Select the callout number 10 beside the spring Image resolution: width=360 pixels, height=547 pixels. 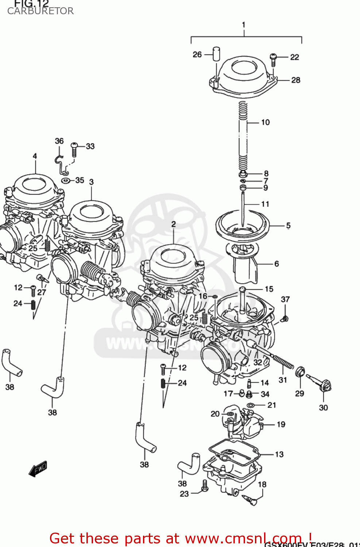265,123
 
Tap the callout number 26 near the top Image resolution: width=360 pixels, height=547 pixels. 197,55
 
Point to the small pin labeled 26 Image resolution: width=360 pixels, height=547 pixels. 216,54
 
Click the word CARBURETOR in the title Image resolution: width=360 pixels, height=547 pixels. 40,11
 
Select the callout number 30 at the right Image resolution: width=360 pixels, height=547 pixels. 323,408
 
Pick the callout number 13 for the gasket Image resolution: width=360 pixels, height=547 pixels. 279,454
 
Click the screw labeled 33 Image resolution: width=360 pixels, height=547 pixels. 74,150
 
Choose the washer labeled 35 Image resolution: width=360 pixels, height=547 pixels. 66,181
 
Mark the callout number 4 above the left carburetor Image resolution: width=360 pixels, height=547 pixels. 35,156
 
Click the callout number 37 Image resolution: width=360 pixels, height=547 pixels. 285,299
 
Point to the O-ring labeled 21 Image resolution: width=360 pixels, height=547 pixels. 251,406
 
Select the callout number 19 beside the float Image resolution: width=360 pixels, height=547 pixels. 281,424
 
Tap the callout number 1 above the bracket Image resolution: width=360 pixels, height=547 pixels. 244,25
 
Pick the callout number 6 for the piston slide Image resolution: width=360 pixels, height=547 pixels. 276,264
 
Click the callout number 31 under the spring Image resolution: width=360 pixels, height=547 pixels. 283,380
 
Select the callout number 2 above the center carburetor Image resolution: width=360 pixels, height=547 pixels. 174,224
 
